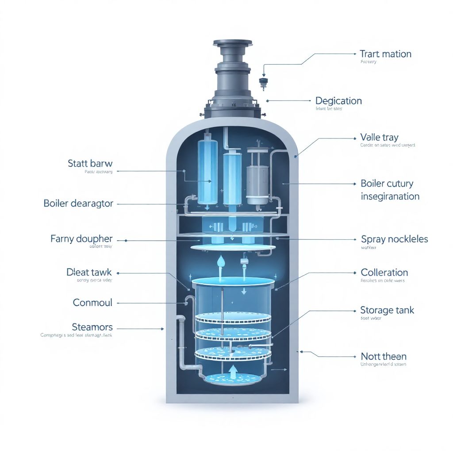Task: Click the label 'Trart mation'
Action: tap(385, 54)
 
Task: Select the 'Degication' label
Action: tap(338, 101)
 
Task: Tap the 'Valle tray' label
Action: tap(379, 137)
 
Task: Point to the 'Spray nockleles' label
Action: tap(395, 239)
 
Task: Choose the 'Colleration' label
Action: tap(384, 273)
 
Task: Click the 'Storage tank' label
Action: tap(387, 310)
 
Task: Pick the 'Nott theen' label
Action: tap(384, 356)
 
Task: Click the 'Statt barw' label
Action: tap(90, 164)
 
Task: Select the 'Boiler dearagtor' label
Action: tap(78, 203)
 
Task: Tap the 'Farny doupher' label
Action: tap(81, 239)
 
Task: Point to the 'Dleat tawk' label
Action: tap(89, 273)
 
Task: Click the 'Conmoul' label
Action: tap(92, 303)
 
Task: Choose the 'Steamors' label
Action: tap(92, 327)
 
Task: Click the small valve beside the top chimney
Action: tap(264, 82)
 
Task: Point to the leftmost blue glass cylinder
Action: tap(207, 170)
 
